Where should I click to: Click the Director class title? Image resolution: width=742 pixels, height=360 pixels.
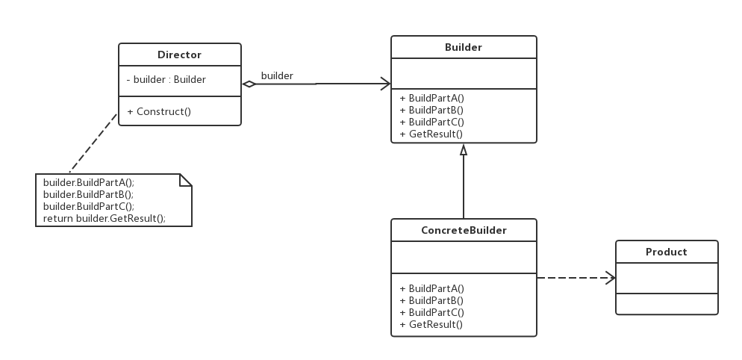tap(179, 55)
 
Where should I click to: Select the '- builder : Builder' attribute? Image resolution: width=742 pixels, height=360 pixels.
tap(166, 80)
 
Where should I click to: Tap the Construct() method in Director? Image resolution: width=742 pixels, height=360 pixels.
tap(159, 112)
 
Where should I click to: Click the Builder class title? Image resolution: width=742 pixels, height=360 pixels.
tap(464, 47)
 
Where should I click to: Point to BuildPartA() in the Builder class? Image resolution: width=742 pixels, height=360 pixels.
tap(432, 98)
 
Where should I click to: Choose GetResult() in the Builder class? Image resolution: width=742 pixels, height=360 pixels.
tap(431, 134)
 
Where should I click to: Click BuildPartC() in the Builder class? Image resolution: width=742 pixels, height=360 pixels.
tap(432, 122)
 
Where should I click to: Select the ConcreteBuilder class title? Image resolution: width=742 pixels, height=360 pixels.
tap(464, 230)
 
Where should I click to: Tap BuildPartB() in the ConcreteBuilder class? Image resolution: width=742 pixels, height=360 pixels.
tap(431, 300)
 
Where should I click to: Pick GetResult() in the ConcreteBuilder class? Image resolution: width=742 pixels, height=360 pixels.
tap(431, 324)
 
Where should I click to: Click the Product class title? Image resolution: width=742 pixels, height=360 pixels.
tap(667, 252)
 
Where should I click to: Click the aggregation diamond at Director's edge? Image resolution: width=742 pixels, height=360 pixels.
tap(249, 84)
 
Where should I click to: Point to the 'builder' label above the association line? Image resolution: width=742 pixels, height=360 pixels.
tap(277, 75)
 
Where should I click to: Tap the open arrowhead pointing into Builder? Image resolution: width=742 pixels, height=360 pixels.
tap(385, 84)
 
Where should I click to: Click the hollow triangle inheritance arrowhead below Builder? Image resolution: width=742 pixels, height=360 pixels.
tap(464, 149)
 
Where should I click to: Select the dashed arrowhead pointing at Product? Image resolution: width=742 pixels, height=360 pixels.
tap(611, 278)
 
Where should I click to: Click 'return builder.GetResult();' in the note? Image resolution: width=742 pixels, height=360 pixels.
tap(105, 218)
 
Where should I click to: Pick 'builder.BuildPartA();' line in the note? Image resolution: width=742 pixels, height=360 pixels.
tap(89, 182)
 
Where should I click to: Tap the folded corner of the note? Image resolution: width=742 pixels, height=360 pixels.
tap(185, 180)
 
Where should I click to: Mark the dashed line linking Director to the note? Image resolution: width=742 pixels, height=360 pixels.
tap(94, 143)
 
